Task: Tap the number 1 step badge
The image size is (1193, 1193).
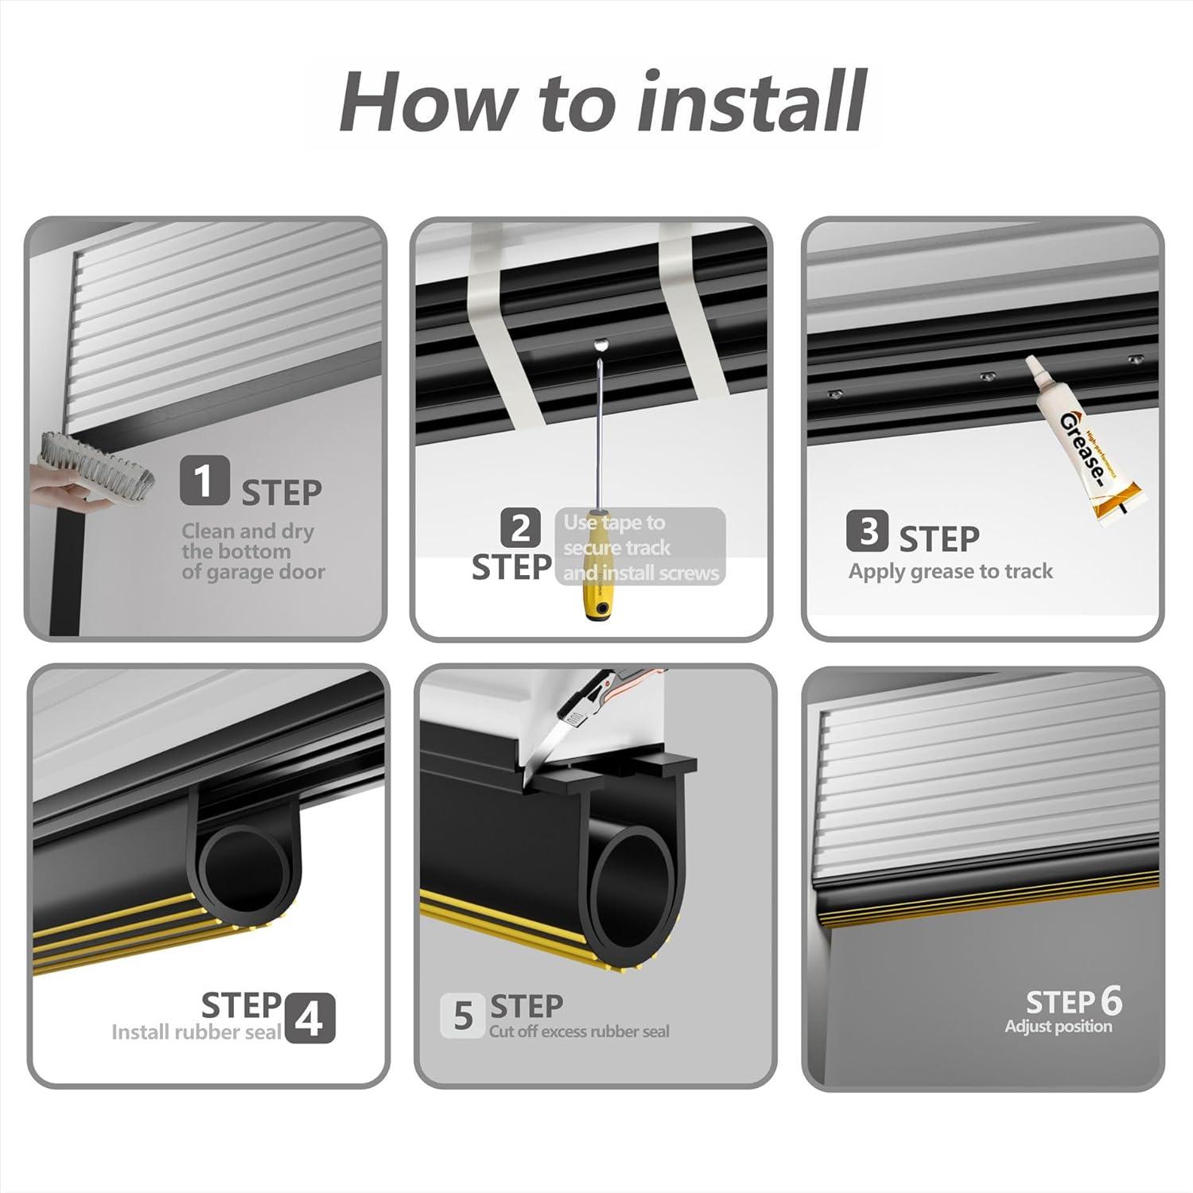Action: [x=204, y=480]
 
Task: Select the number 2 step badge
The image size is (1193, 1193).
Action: [x=521, y=528]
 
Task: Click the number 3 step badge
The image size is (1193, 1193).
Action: [x=868, y=531]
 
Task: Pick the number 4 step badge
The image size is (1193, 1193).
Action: [x=309, y=1018]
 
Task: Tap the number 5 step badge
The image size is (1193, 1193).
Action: [x=462, y=1016]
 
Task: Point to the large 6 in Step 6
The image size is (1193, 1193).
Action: [x=1110, y=1001]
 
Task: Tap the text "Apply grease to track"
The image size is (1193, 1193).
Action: [x=950, y=571]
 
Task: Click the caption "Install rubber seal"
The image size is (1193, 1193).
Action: [x=196, y=1032]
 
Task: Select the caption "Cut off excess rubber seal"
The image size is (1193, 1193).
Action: [x=579, y=1032]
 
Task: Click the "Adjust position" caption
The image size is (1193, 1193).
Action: [x=1058, y=1026]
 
